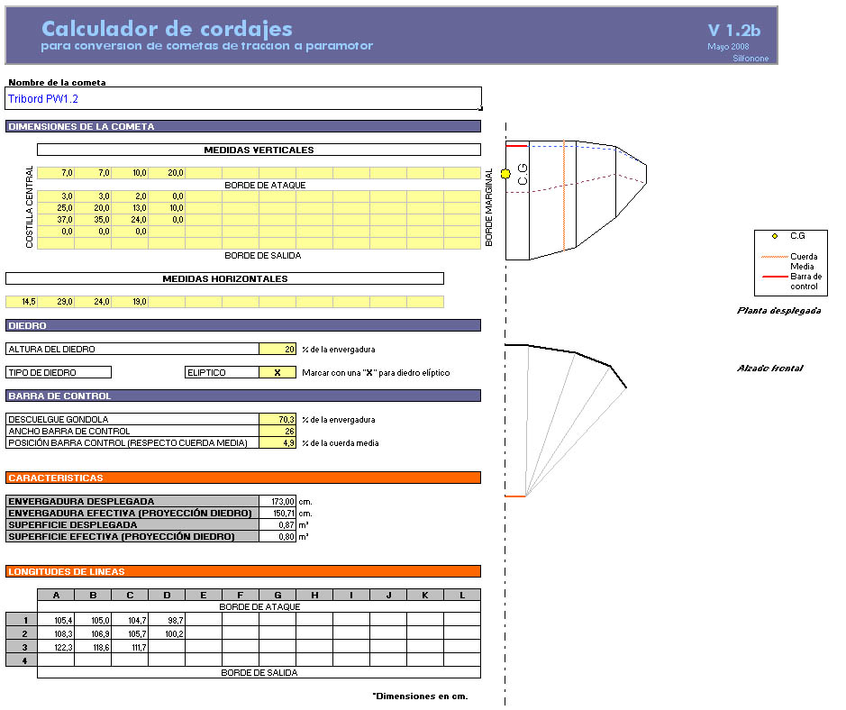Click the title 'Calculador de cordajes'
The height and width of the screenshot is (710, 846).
[167, 28]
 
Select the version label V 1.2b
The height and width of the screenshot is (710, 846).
[733, 30]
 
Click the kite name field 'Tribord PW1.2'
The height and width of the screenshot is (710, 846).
[243, 98]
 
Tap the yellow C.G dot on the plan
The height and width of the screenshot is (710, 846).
[505, 173]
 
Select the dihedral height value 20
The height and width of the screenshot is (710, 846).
[277, 349]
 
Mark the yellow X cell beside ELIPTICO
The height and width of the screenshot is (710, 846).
[277, 372]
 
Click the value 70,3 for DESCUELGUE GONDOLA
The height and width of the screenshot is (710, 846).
[277, 419]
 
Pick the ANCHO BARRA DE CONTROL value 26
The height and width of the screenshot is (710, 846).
[277, 431]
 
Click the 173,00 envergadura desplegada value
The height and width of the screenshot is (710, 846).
[277, 501]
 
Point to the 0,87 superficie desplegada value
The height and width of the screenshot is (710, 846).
[277, 524]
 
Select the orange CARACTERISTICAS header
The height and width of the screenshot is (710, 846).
[243, 478]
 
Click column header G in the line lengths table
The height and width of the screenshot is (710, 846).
[277, 595]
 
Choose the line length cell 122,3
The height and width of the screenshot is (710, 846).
[56, 647]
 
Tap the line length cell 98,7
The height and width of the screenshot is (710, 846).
[167, 620]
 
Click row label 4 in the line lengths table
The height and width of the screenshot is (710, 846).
[21, 660]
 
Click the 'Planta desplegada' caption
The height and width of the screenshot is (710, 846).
[778, 310]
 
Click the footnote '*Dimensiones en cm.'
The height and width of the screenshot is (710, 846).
[420, 696]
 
